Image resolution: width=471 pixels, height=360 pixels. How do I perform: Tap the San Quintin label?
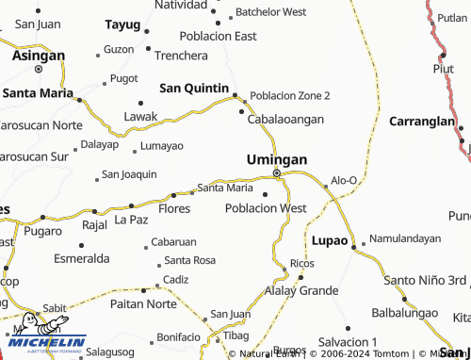click(x=194, y=88)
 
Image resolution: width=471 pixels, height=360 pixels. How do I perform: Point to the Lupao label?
click(x=330, y=239)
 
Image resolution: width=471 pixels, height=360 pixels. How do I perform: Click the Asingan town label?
click(x=38, y=56)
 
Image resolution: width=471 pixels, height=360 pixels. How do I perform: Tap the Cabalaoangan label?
click(x=285, y=120)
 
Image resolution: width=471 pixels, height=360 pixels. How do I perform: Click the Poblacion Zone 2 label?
click(x=290, y=96)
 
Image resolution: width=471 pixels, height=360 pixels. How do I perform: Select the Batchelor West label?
click(x=270, y=12)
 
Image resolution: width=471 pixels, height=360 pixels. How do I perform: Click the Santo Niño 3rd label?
click(x=425, y=280)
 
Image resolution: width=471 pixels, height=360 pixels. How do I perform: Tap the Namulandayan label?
click(x=405, y=238)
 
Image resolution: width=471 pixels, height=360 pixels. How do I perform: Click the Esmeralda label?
click(x=83, y=258)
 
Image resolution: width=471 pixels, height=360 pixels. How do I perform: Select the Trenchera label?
click(x=181, y=56)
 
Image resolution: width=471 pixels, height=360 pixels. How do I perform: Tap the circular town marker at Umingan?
click(x=276, y=173)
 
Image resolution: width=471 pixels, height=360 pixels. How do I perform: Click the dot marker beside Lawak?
click(x=140, y=103)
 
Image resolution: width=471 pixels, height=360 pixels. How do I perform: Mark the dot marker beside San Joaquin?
click(x=96, y=176)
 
